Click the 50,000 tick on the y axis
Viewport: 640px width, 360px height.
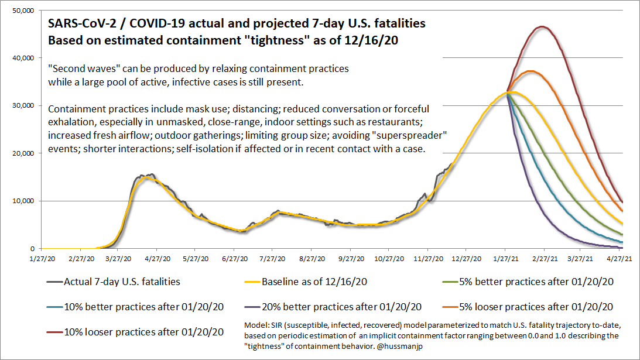click(23, 11)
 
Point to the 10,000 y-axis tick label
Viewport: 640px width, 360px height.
click(23, 201)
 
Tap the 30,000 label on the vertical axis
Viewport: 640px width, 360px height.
click(23, 106)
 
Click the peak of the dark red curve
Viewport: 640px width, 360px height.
click(542, 26)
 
